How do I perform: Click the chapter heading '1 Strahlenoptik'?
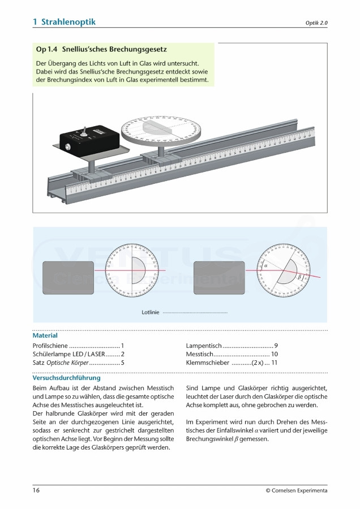(65, 21)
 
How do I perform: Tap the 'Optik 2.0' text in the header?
(316, 23)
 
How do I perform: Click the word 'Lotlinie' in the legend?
(151, 312)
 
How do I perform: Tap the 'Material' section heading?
(45, 335)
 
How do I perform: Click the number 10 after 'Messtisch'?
(274, 354)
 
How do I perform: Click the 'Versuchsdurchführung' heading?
(66, 378)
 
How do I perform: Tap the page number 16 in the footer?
(36, 490)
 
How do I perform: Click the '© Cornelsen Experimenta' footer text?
(296, 490)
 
